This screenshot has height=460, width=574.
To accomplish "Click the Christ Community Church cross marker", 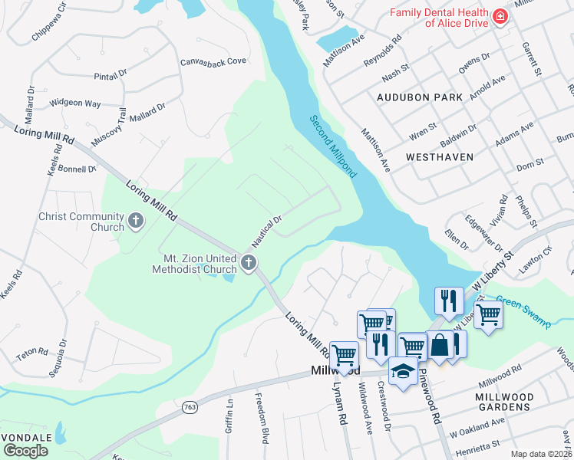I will coord(136,222).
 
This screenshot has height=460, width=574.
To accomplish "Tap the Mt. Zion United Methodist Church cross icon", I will coord(248,264).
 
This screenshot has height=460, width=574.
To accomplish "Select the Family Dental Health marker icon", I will coord(500,16).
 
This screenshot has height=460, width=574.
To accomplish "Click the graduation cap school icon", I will coord(403,371).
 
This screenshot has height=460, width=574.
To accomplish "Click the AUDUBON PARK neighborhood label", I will coord(420,97).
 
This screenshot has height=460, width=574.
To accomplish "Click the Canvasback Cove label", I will coord(213,61).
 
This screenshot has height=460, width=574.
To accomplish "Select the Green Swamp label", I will coord(523,311).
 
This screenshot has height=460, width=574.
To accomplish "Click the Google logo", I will coord(25,451).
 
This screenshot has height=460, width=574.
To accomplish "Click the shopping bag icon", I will coord(440,345).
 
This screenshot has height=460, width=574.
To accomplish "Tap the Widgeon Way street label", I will coord(75,103).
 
